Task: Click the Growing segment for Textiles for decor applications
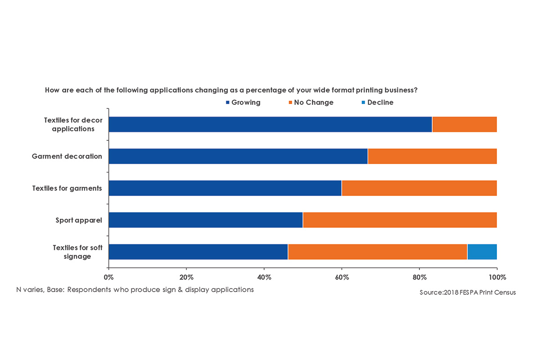pyautogui.click(x=270, y=124)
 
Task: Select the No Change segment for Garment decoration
pyautogui.click(x=432, y=156)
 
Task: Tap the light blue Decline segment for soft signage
pyautogui.click(x=482, y=252)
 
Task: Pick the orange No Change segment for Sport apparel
pyautogui.click(x=400, y=220)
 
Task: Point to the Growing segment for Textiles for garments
pyautogui.click(x=225, y=188)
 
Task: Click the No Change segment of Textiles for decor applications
pyautogui.click(x=464, y=124)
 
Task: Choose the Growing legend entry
pyautogui.click(x=243, y=103)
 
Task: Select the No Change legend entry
pyautogui.click(x=310, y=103)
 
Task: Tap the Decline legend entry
pyautogui.click(x=377, y=103)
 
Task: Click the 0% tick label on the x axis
pyautogui.click(x=108, y=277)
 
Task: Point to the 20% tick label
pyautogui.click(x=186, y=277)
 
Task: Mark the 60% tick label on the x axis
pyautogui.click(x=342, y=277)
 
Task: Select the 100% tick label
pyautogui.click(x=497, y=277)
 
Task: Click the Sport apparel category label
pyautogui.click(x=79, y=220)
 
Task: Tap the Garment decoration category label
pyautogui.click(x=67, y=157)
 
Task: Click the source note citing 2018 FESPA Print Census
pyautogui.click(x=468, y=292)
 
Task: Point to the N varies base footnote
pyautogui.click(x=135, y=289)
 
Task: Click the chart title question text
pyautogui.click(x=231, y=90)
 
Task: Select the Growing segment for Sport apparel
pyautogui.click(x=206, y=220)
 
